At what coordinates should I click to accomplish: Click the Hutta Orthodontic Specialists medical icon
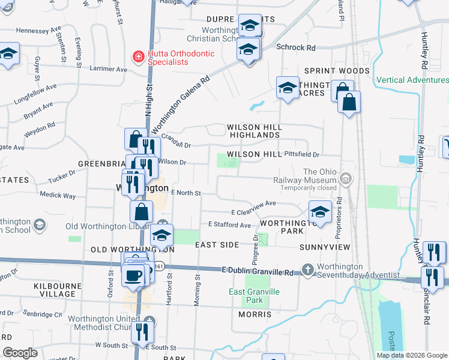138,58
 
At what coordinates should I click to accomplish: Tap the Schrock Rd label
295,47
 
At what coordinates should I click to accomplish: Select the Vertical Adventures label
412,80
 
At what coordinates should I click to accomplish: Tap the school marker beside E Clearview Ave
320,212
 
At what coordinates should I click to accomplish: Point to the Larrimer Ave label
108,70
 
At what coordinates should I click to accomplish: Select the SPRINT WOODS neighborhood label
337,71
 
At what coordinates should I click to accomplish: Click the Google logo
20,352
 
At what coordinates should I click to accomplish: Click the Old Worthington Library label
106,226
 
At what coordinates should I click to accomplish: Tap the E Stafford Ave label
229,225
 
